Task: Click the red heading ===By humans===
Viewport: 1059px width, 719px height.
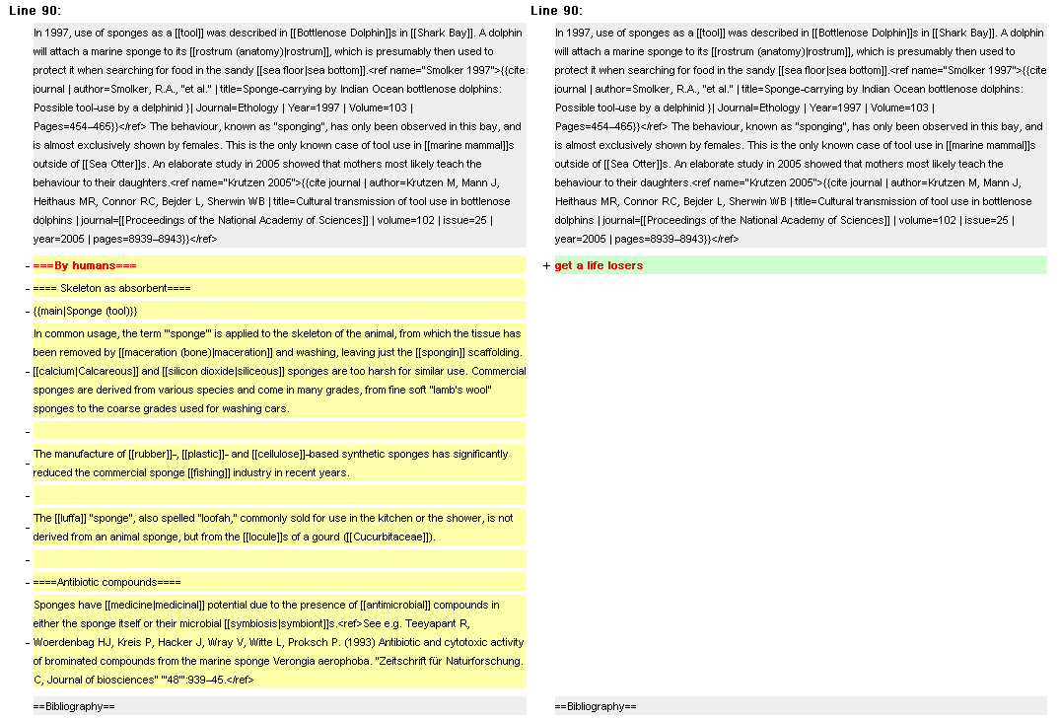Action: (x=85, y=266)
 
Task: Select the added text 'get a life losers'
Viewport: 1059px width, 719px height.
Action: (x=599, y=265)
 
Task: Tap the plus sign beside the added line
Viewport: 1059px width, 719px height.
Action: (x=546, y=266)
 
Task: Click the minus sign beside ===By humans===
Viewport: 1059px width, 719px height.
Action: (x=28, y=266)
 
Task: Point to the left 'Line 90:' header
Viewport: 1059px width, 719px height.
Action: (x=35, y=11)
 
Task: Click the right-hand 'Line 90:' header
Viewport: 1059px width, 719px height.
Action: (x=556, y=11)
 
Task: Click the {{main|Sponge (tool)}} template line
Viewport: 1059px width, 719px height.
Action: (x=86, y=311)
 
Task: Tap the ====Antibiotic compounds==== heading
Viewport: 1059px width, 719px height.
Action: (x=107, y=583)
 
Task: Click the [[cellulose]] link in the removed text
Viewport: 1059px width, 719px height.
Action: (x=280, y=455)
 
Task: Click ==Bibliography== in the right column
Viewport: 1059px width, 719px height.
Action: (x=596, y=706)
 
